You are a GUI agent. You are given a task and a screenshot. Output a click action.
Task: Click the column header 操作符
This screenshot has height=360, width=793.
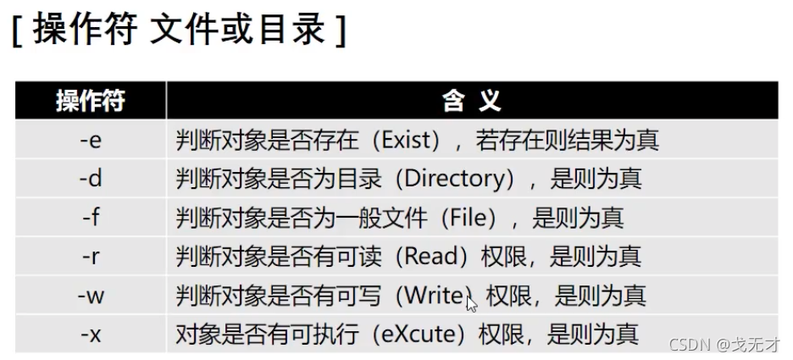(x=90, y=101)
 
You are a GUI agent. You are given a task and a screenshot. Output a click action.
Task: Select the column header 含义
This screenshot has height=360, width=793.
(x=472, y=101)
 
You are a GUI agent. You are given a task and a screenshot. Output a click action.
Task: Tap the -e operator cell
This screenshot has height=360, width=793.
(x=90, y=140)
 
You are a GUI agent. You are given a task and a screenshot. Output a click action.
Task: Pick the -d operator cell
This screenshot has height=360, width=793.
(x=90, y=179)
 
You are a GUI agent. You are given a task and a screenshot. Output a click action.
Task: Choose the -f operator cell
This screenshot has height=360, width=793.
(x=90, y=218)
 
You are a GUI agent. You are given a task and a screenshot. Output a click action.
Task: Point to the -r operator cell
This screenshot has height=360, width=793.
(x=90, y=257)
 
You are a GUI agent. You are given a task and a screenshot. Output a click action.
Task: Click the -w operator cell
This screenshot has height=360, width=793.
(x=90, y=296)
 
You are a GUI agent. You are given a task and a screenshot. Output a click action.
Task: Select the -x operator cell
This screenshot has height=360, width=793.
(x=90, y=335)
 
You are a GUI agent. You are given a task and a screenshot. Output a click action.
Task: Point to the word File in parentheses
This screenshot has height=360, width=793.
(x=473, y=218)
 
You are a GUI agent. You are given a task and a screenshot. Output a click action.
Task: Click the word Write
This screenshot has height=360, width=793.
(x=435, y=296)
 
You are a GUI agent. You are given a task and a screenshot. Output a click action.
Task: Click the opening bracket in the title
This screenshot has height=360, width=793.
(x=17, y=32)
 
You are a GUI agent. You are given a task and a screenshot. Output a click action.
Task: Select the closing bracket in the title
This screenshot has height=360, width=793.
(x=340, y=32)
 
